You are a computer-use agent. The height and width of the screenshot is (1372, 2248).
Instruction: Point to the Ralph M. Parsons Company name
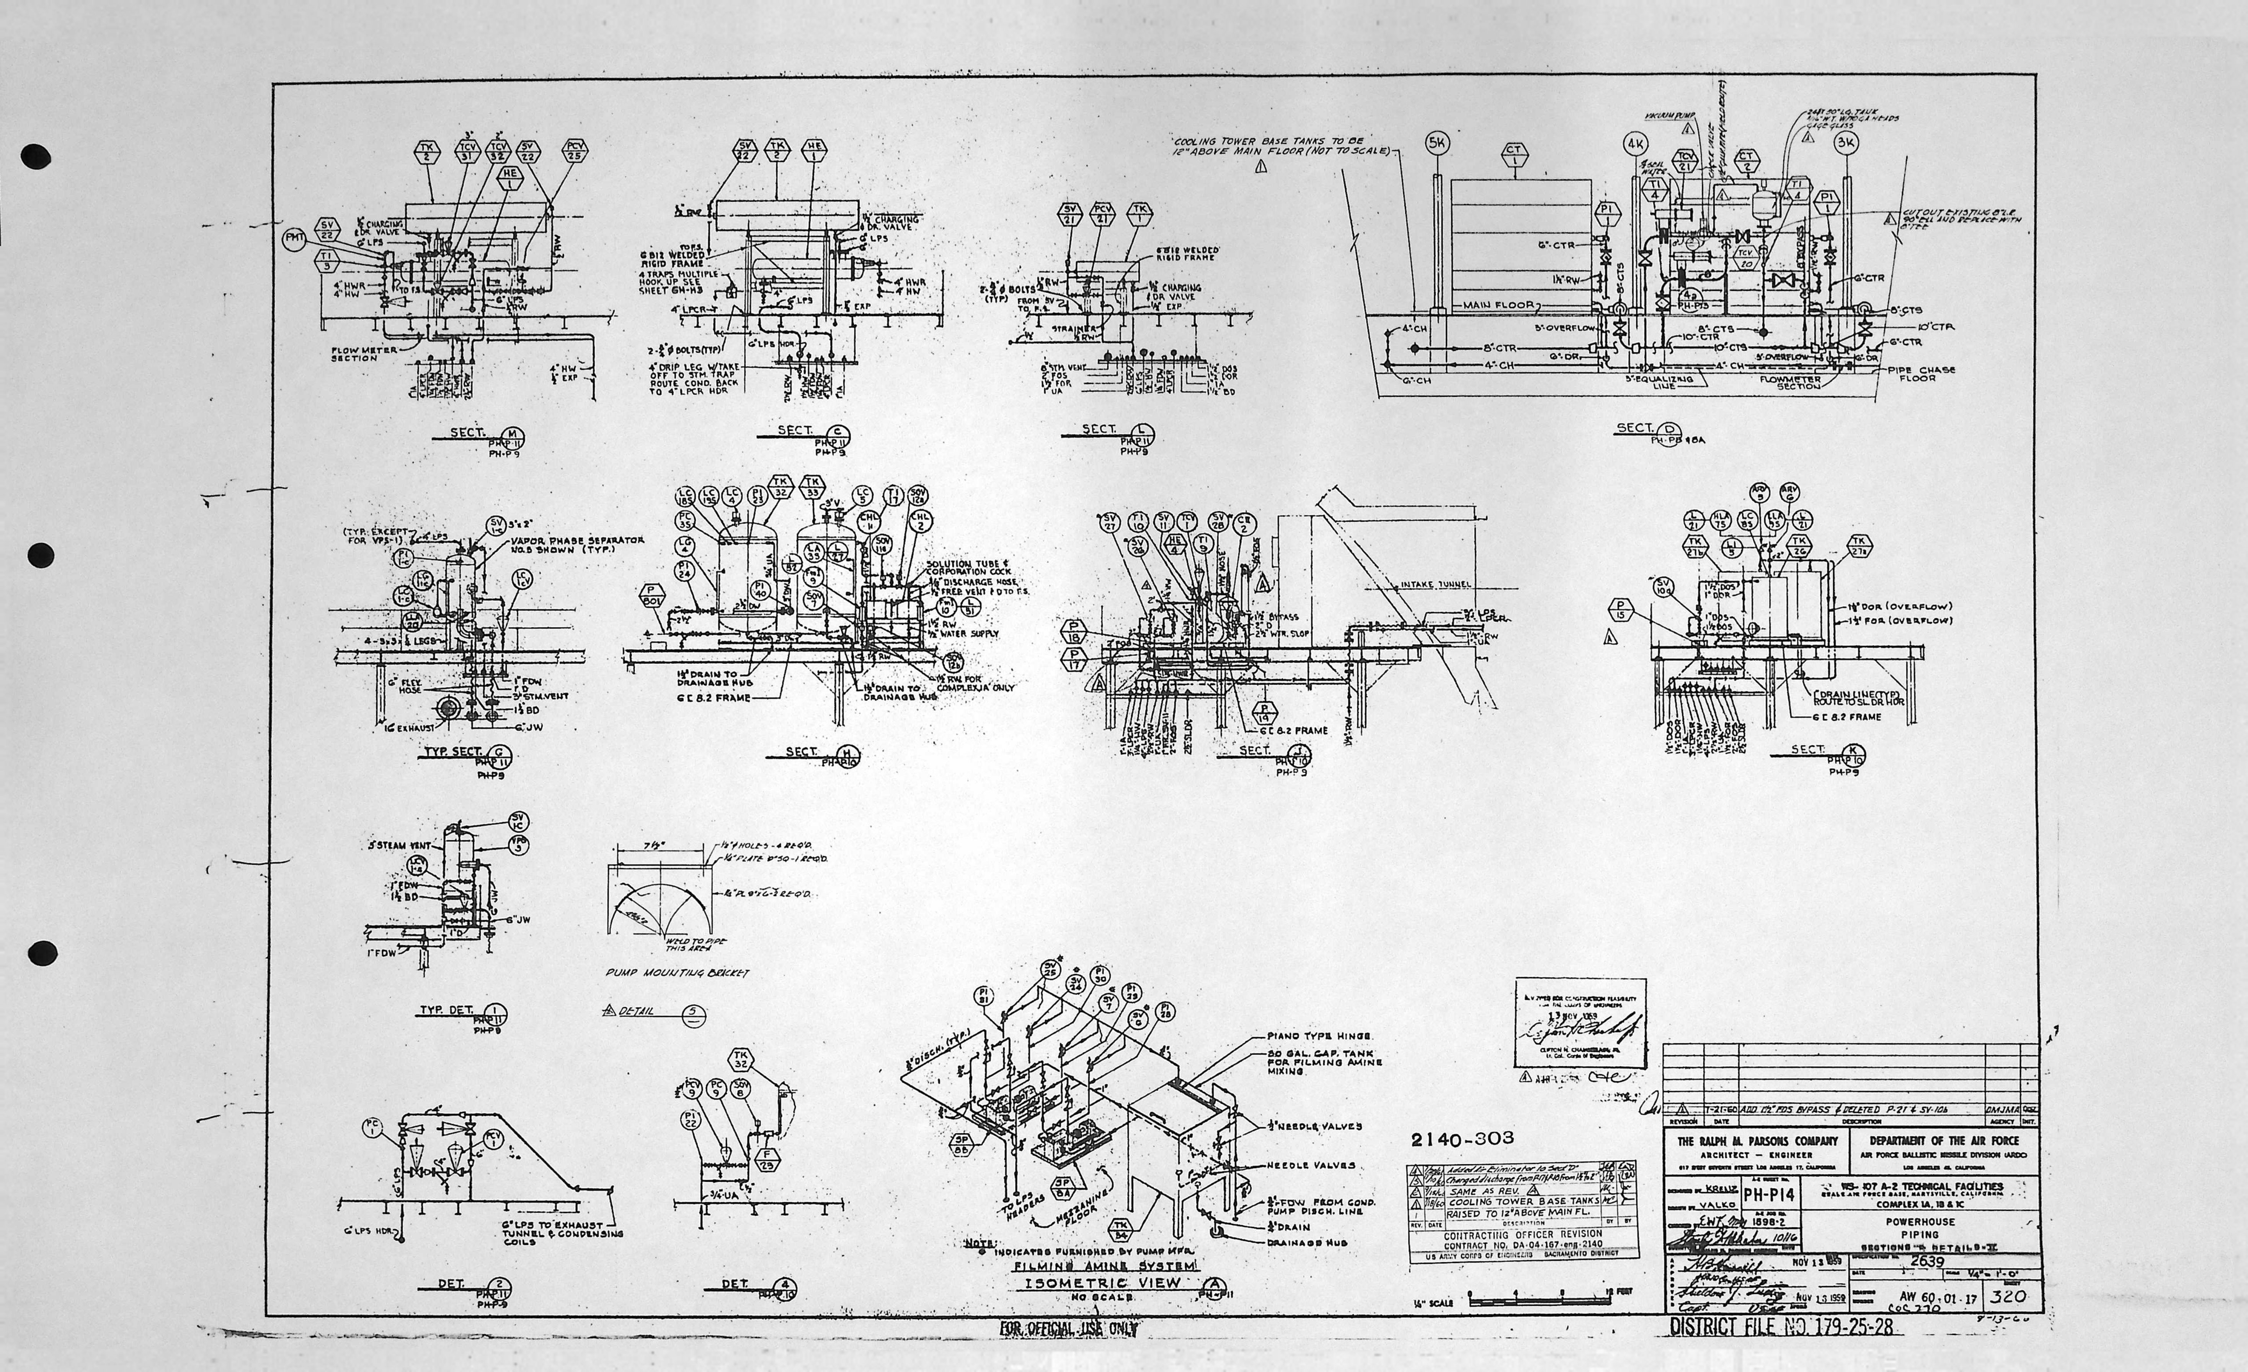[1757, 1141]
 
